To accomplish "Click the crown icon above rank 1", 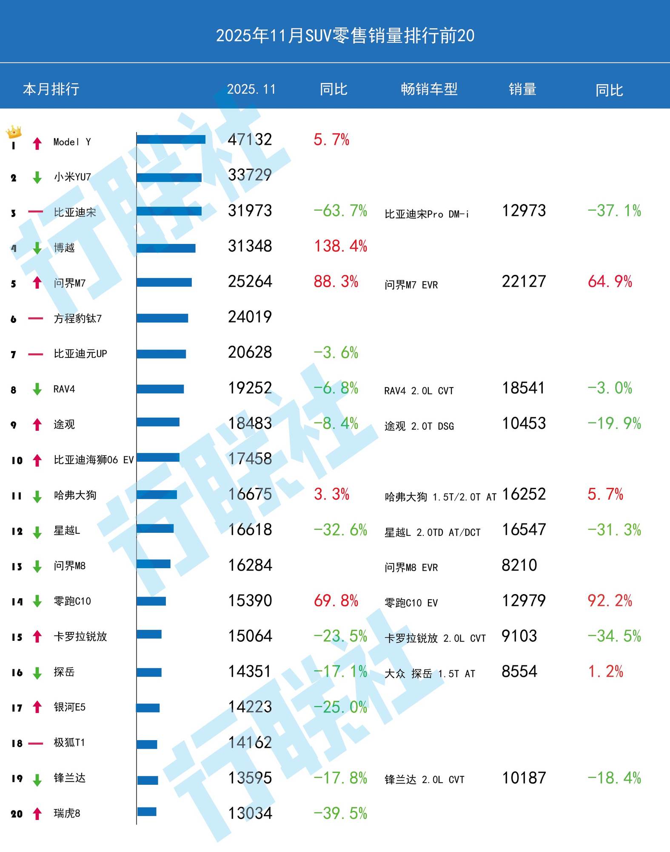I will coord(14,131).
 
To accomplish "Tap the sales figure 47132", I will coord(250,140).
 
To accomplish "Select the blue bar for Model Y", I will coord(171,139).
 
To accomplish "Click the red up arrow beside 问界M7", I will coord(37,283).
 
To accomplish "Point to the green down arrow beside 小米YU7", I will coord(37,177).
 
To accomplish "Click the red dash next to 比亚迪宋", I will coord(36,212).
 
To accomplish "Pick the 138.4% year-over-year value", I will coord(340,246).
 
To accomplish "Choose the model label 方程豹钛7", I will coord(78,318).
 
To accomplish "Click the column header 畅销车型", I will coord(429,89).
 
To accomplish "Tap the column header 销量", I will coord(522,89).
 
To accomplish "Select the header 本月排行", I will coord(51,89).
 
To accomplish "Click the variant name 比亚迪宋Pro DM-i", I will coord(426,214).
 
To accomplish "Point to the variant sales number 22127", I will coord(524,281).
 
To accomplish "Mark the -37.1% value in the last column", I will coord(614,211).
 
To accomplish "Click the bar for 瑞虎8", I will coord(147,812).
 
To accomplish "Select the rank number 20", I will coord(17,814).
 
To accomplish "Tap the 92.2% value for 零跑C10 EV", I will coord(610,601).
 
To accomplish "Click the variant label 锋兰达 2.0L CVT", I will coord(424,780).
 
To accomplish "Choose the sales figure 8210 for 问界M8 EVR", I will coord(519,565).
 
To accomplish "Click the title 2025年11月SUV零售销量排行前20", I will coord(345,36).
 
